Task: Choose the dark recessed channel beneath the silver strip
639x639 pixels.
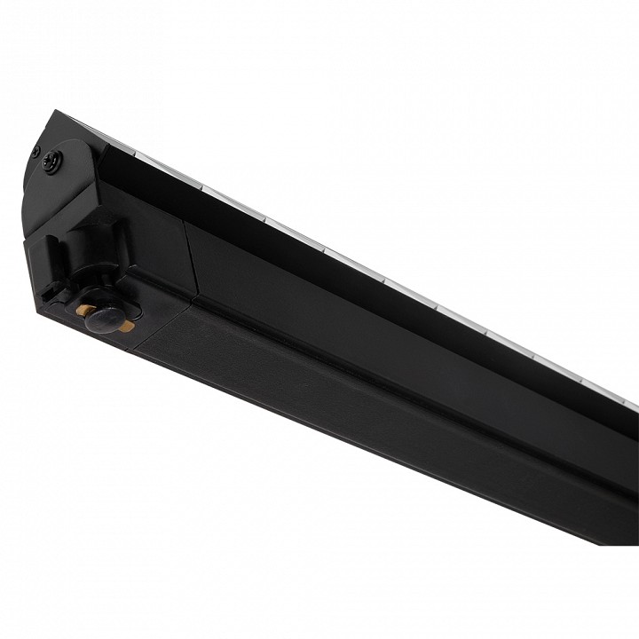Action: (355, 284)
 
